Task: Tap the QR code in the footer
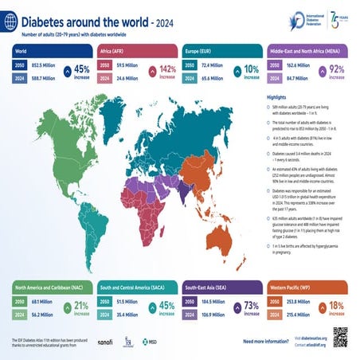pos(342,336)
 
